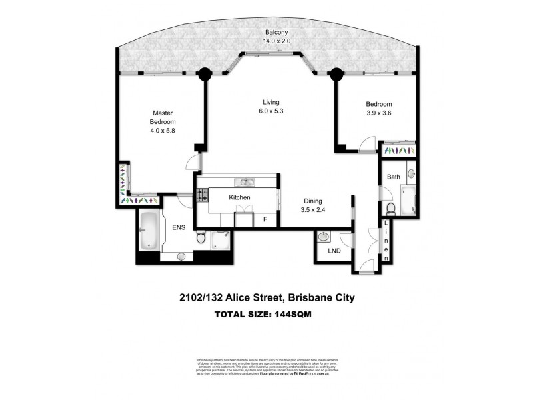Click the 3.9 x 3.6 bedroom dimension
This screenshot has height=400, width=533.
[x=378, y=113]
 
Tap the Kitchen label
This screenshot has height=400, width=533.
[x=239, y=198]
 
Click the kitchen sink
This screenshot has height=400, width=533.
[x=245, y=181]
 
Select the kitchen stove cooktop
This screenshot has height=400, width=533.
[x=201, y=194]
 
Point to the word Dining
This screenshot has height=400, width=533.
[x=314, y=200]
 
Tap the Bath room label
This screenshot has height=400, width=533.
[x=393, y=177]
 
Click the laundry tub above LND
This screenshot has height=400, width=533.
[x=325, y=237]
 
